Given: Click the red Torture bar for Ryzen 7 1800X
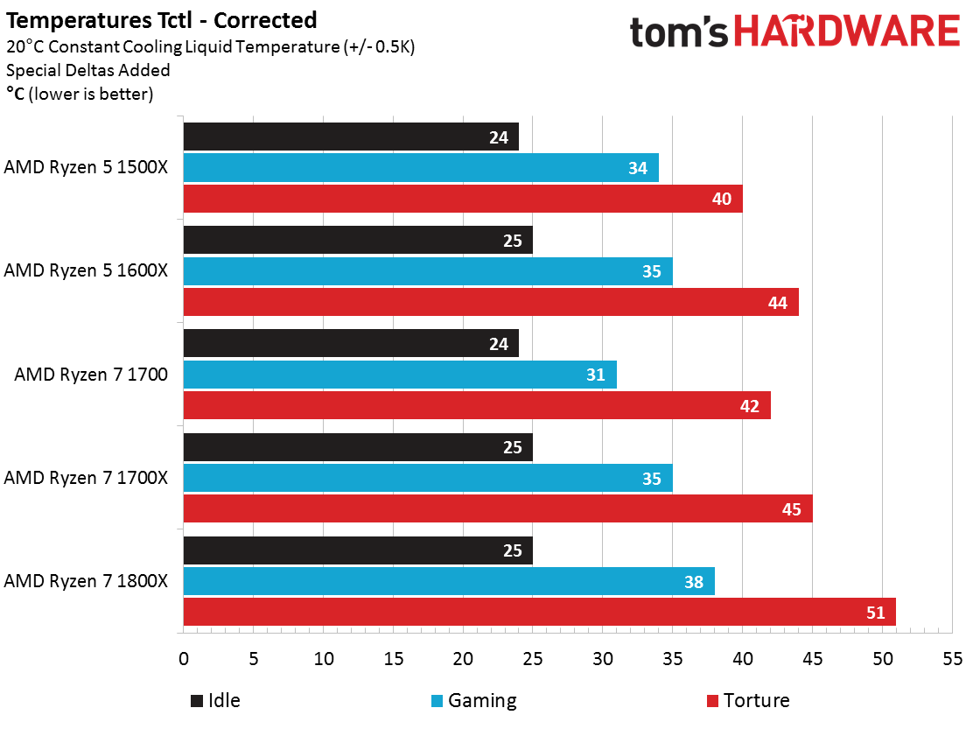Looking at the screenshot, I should pyautogui.click(x=539, y=612).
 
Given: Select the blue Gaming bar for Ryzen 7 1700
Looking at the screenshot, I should pyautogui.click(x=400, y=375).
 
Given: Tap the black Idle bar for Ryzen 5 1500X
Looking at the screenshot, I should pyautogui.click(x=351, y=137).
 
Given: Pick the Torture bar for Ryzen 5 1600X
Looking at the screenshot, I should pyautogui.click(x=491, y=303).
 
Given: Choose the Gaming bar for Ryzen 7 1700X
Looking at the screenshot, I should pyautogui.click(x=428, y=478).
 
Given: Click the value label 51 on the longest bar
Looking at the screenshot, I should pyautogui.click(x=876, y=613).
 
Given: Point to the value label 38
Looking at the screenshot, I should pyautogui.click(x=694, y=581).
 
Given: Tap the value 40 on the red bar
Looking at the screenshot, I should pyautogui.click(x=722, y=200).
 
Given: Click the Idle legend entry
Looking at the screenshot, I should pyautogui.click(x=215, y=700).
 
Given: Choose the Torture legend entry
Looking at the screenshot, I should pyautogui.click(x=747, y=700).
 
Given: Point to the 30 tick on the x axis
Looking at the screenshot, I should pyautogui.click(x=603, y=658).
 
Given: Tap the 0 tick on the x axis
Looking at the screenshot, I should pyautogui.click(x=184, y=658).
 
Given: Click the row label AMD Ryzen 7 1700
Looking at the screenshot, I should pyautogui.click(x=91, y=375).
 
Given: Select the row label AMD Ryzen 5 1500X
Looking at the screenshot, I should pyautogui.click(x=86, y=168).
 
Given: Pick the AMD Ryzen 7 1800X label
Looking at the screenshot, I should pyautogui.click(x=86, y=581).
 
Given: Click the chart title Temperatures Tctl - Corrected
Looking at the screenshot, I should pyautogui.click(x=162, y=19).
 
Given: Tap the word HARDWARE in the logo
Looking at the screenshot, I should pyautogui.click(x=847, y=32).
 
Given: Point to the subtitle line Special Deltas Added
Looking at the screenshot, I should pyautogui.click(x=88, y=70).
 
